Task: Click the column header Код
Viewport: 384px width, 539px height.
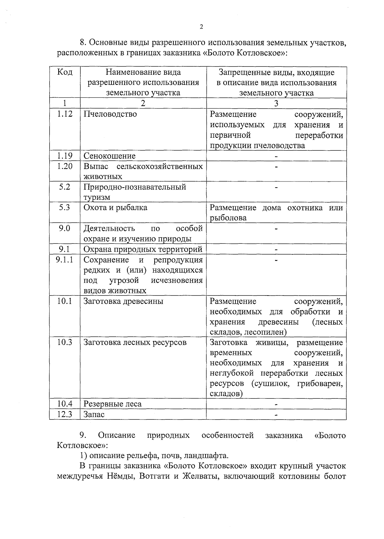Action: tap(65, 72)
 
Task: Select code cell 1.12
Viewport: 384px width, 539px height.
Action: tap(65, 114)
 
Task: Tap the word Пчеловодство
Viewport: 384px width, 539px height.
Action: tap(110, 114)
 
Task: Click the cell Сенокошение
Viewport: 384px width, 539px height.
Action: tap(109, 156)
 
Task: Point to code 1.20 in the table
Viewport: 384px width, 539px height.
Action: tap(65, 166)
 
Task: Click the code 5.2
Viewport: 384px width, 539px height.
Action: tap(65, 187)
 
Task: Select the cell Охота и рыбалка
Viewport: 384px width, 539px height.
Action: tap(115, 208)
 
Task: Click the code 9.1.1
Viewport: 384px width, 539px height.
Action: tap(65, 260)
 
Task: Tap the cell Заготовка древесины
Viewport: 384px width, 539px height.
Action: tap(123, 301)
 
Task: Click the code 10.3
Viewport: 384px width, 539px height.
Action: tap(65, 343)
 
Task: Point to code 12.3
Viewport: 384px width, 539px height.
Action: tap(65, 415)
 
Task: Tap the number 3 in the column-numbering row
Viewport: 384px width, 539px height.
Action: tap(276, 103)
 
